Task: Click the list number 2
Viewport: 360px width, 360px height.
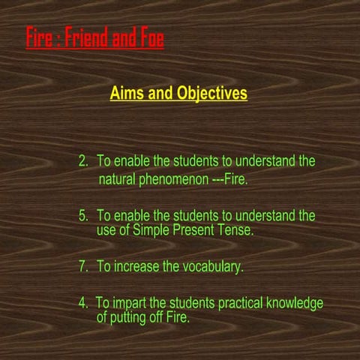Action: pos(82,161)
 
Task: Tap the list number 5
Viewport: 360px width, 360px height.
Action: pos(82,216)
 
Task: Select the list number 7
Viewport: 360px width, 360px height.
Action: pos(82,266)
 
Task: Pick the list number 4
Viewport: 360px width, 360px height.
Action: pos(82,303)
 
